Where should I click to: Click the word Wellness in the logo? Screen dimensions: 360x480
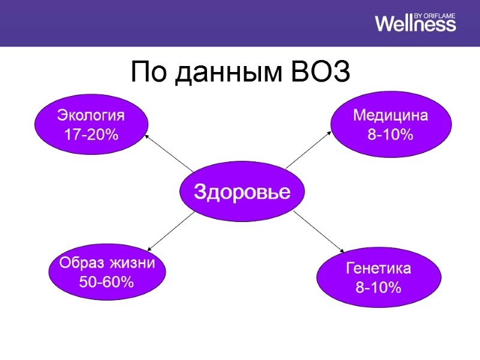pyautogui.click(x=415, y=23)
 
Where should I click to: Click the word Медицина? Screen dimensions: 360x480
pyautogui.click(x=390, y=115)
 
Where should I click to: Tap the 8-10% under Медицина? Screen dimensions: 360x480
pyautogui.click(x=390, y=135)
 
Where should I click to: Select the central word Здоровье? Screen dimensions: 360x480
pyautogui.click(x=242, y=192)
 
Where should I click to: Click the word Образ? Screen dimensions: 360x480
pyautogui.click(x=81, y=263)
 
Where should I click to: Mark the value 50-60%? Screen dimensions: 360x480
pyautogui.click(x=106, y=281)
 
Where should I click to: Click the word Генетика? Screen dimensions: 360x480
pyautogui.click(x=378, y=268)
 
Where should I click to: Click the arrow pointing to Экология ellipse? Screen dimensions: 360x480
pyautogui.click(x=168, y=153)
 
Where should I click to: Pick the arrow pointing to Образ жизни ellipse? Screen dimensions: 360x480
pyautogui.click(x=171, y=232)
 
